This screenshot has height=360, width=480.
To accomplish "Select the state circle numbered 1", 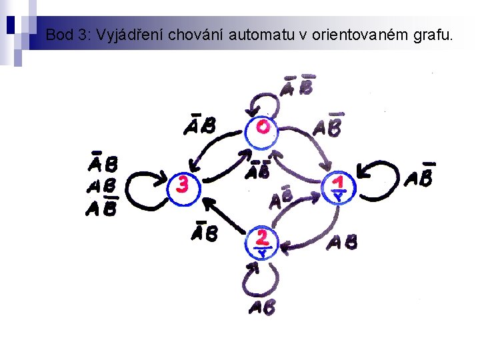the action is (340, 188).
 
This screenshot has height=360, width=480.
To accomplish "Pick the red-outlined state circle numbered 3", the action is (183, 185).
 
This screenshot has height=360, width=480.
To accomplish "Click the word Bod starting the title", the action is (59, 35).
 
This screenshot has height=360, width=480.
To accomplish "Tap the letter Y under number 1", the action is (339, 197).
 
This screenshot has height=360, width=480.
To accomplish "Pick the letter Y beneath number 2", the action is (262, 253).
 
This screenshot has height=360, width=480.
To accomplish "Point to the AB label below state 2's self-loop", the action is (262, 308).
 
